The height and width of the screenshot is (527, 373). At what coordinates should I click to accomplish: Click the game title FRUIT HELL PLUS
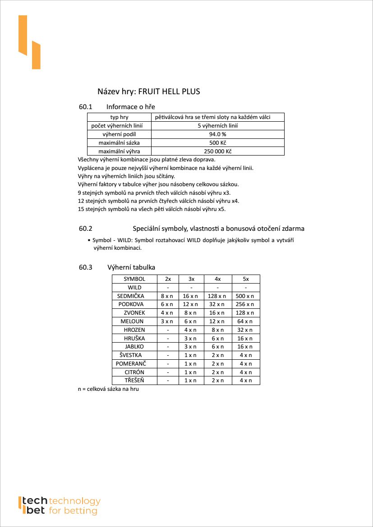point(169,92)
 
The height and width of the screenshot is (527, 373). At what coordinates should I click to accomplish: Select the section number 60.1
point(85,107)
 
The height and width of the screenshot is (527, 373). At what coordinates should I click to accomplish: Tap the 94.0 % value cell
point(217,134)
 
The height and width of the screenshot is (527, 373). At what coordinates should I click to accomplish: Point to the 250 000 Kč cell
point(217,151)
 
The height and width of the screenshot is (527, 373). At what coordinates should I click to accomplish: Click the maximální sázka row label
point(119,143)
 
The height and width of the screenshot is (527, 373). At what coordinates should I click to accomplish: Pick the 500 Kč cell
point(217,143)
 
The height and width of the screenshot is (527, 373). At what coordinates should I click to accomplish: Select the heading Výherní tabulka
point(131,267)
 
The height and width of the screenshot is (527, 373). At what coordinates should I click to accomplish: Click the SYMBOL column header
point(134,279)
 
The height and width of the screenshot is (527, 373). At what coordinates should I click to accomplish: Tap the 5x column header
point(246,279)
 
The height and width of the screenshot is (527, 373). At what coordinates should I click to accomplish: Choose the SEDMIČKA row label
point(130,296)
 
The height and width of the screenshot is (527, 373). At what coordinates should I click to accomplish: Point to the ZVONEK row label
point(134,313)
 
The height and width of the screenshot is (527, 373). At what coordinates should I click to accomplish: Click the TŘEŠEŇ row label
point(134,380)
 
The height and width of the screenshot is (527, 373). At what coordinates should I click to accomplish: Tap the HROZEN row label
point(134,330)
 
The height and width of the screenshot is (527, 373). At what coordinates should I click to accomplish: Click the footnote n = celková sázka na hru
point(108,389)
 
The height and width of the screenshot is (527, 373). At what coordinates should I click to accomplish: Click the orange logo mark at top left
point(29,42)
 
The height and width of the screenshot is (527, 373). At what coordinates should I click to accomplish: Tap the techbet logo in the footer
point(59,505)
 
